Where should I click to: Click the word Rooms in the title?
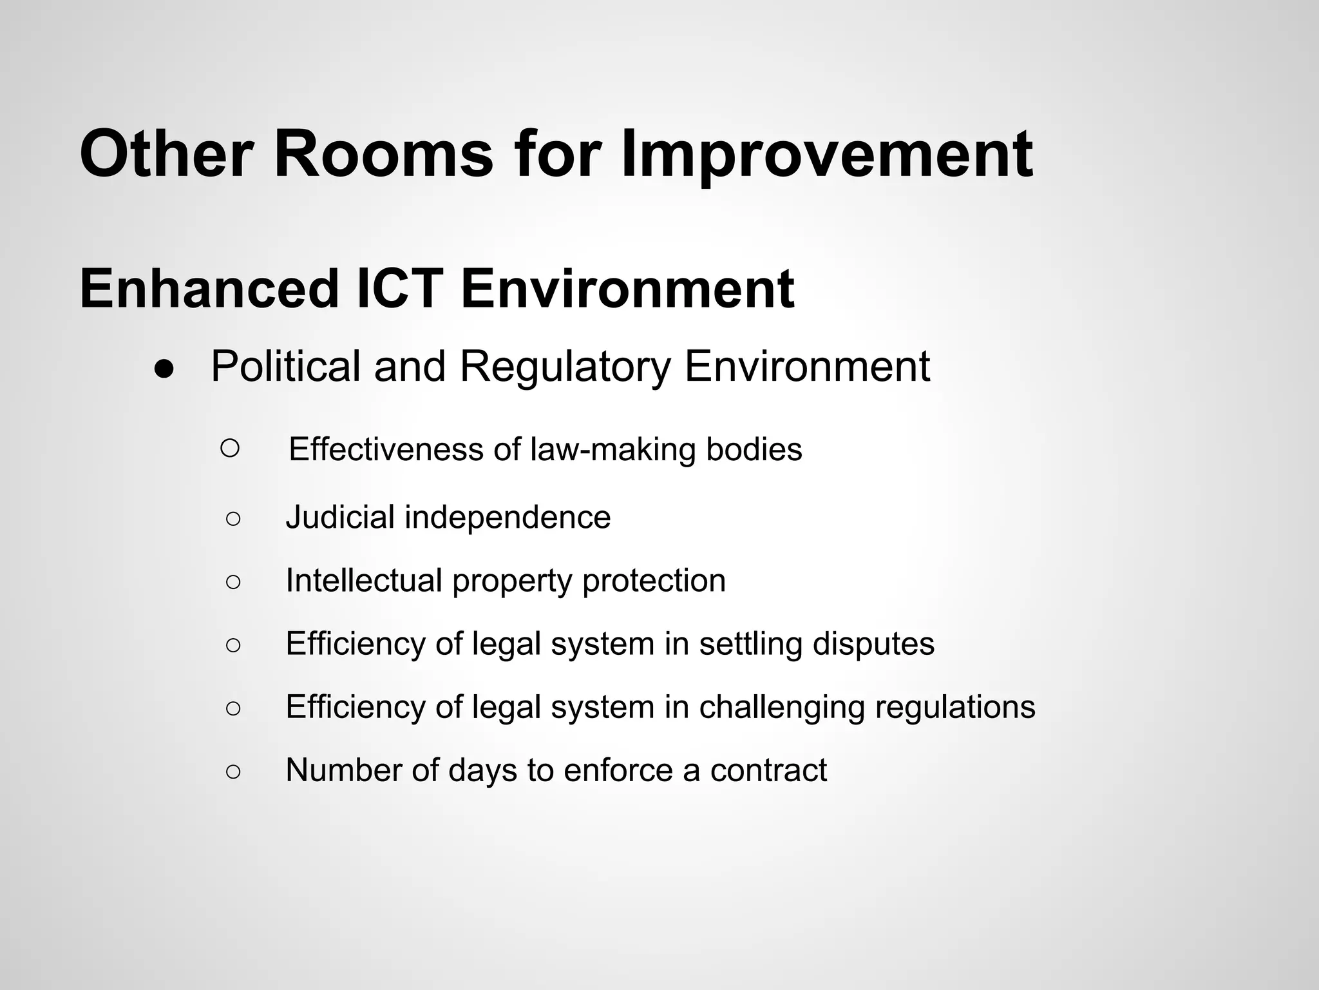(383, 155)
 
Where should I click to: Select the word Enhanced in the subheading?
(209, 289)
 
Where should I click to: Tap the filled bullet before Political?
(164, 370)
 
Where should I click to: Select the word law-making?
(612, 449)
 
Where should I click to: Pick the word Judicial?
(340, 517)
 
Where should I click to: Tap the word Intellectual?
(364, 580)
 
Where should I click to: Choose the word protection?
(654, 580)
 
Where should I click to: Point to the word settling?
(750, 643)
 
